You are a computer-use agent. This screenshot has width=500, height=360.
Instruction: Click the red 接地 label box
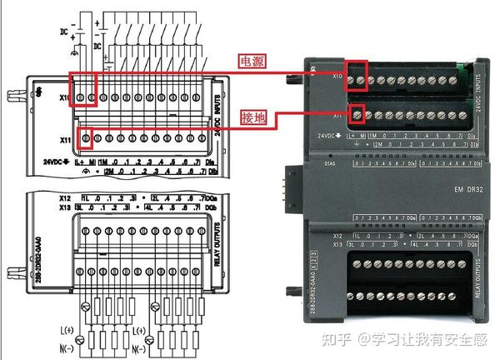pos(252,117)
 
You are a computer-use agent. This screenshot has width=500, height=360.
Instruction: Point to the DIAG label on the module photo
pos(329,164)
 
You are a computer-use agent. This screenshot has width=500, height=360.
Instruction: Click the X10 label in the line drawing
pos(65,97)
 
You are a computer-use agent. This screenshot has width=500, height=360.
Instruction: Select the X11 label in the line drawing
pos(66,138)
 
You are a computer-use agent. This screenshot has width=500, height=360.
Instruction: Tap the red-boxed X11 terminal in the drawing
pos(86,137)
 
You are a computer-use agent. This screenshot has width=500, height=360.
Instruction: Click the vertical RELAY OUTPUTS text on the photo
pos(477,274)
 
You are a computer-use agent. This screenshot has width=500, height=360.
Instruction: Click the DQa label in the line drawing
pos(215,197)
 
